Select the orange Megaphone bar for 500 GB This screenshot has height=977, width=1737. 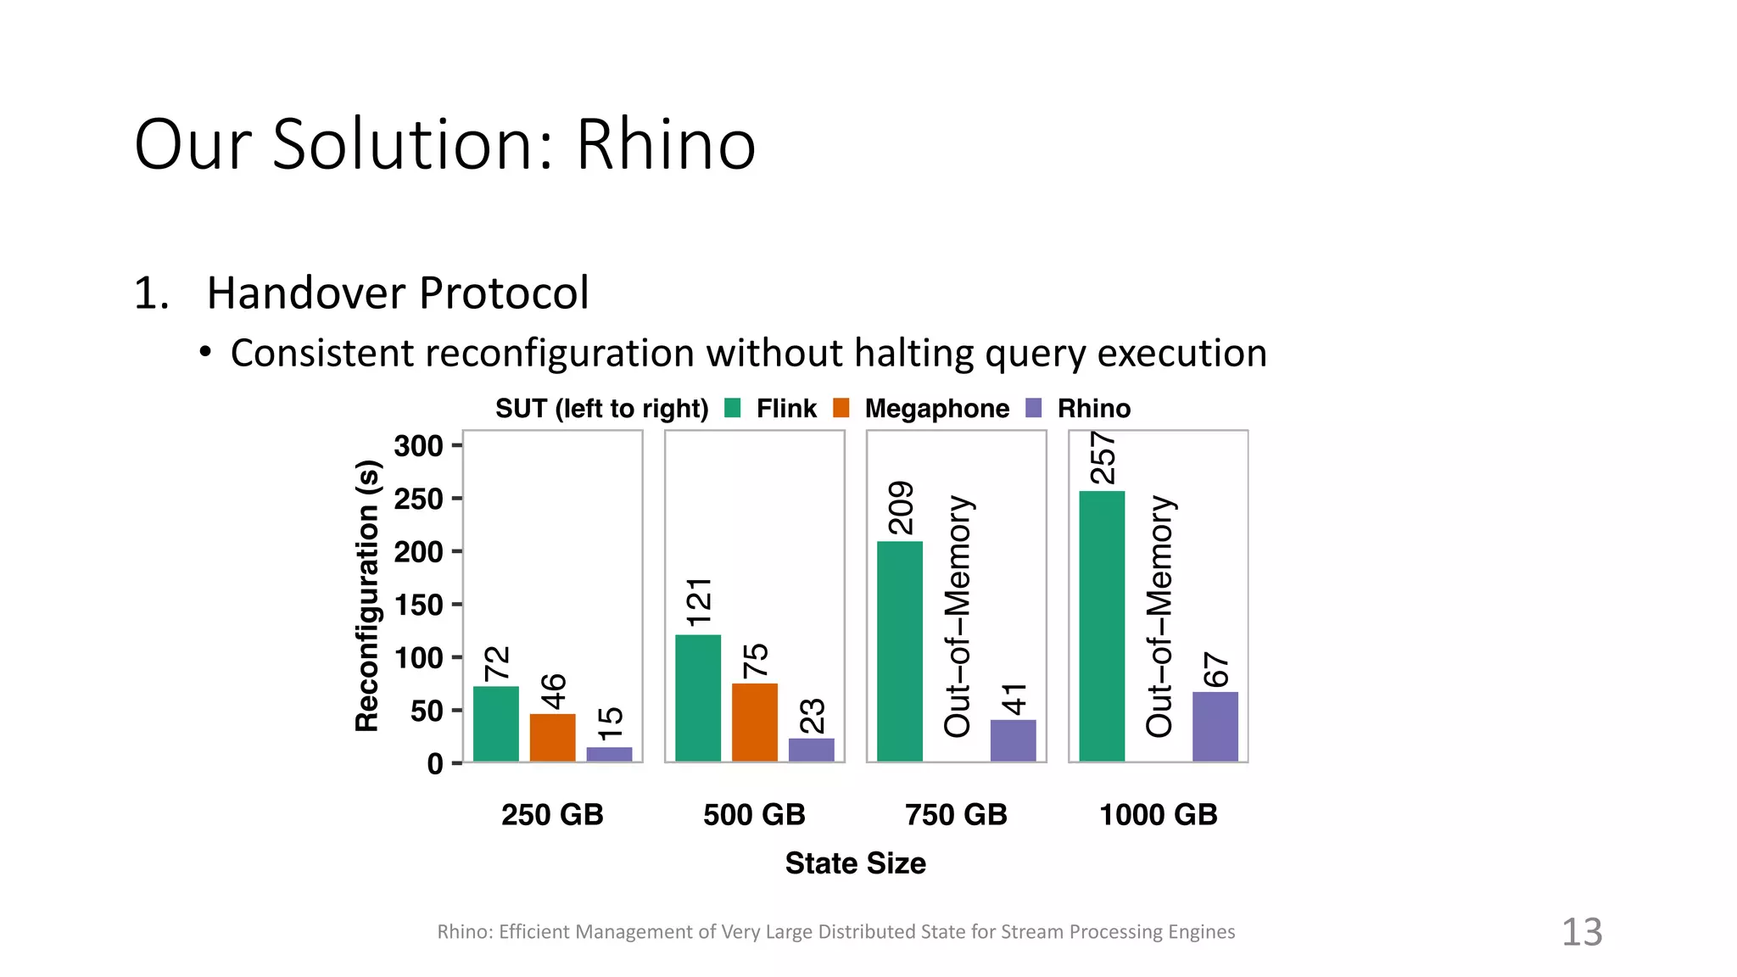pyautogui.click(x=754, y=722)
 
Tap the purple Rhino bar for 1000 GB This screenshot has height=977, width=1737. pyautogui.click(x=1215, y=726)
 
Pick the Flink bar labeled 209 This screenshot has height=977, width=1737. pyautogui.click(x=899, y=650)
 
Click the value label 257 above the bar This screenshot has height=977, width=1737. pyautogui.click(x=1102, y=458)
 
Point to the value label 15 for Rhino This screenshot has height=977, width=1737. pyautogui.click(x=610, y=723)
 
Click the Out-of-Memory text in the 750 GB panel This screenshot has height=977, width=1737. pyautogui.click(x=958, y=616)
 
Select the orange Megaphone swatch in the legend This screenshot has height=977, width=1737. pyautogui.click(x=841, y=408)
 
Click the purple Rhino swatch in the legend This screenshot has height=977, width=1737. pyautogui.click(x=1033, y=408)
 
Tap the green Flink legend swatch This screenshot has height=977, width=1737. pyautogui.click(x=733, y=408)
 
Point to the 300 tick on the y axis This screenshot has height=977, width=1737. pyautogui.click(x=418, y=445)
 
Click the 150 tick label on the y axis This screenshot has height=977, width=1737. pyautogui.click(x=418, y=605)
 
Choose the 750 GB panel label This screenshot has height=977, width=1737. pyautogui.click(x=956, y=814)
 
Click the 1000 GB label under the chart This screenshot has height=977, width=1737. pyautogui.click(x=1158, y=814)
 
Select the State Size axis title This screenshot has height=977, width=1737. pyautogui.click(x=855, y=863)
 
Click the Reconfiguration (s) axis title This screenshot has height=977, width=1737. pyautogui.click(x=367, y=595)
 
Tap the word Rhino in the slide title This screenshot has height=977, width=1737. pyautogui.click(x=665, y=144)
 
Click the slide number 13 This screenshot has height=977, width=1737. pyautogui.click(x=1581, y=932)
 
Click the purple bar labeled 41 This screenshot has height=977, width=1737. pyautogui.click(x=1013, y=740)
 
